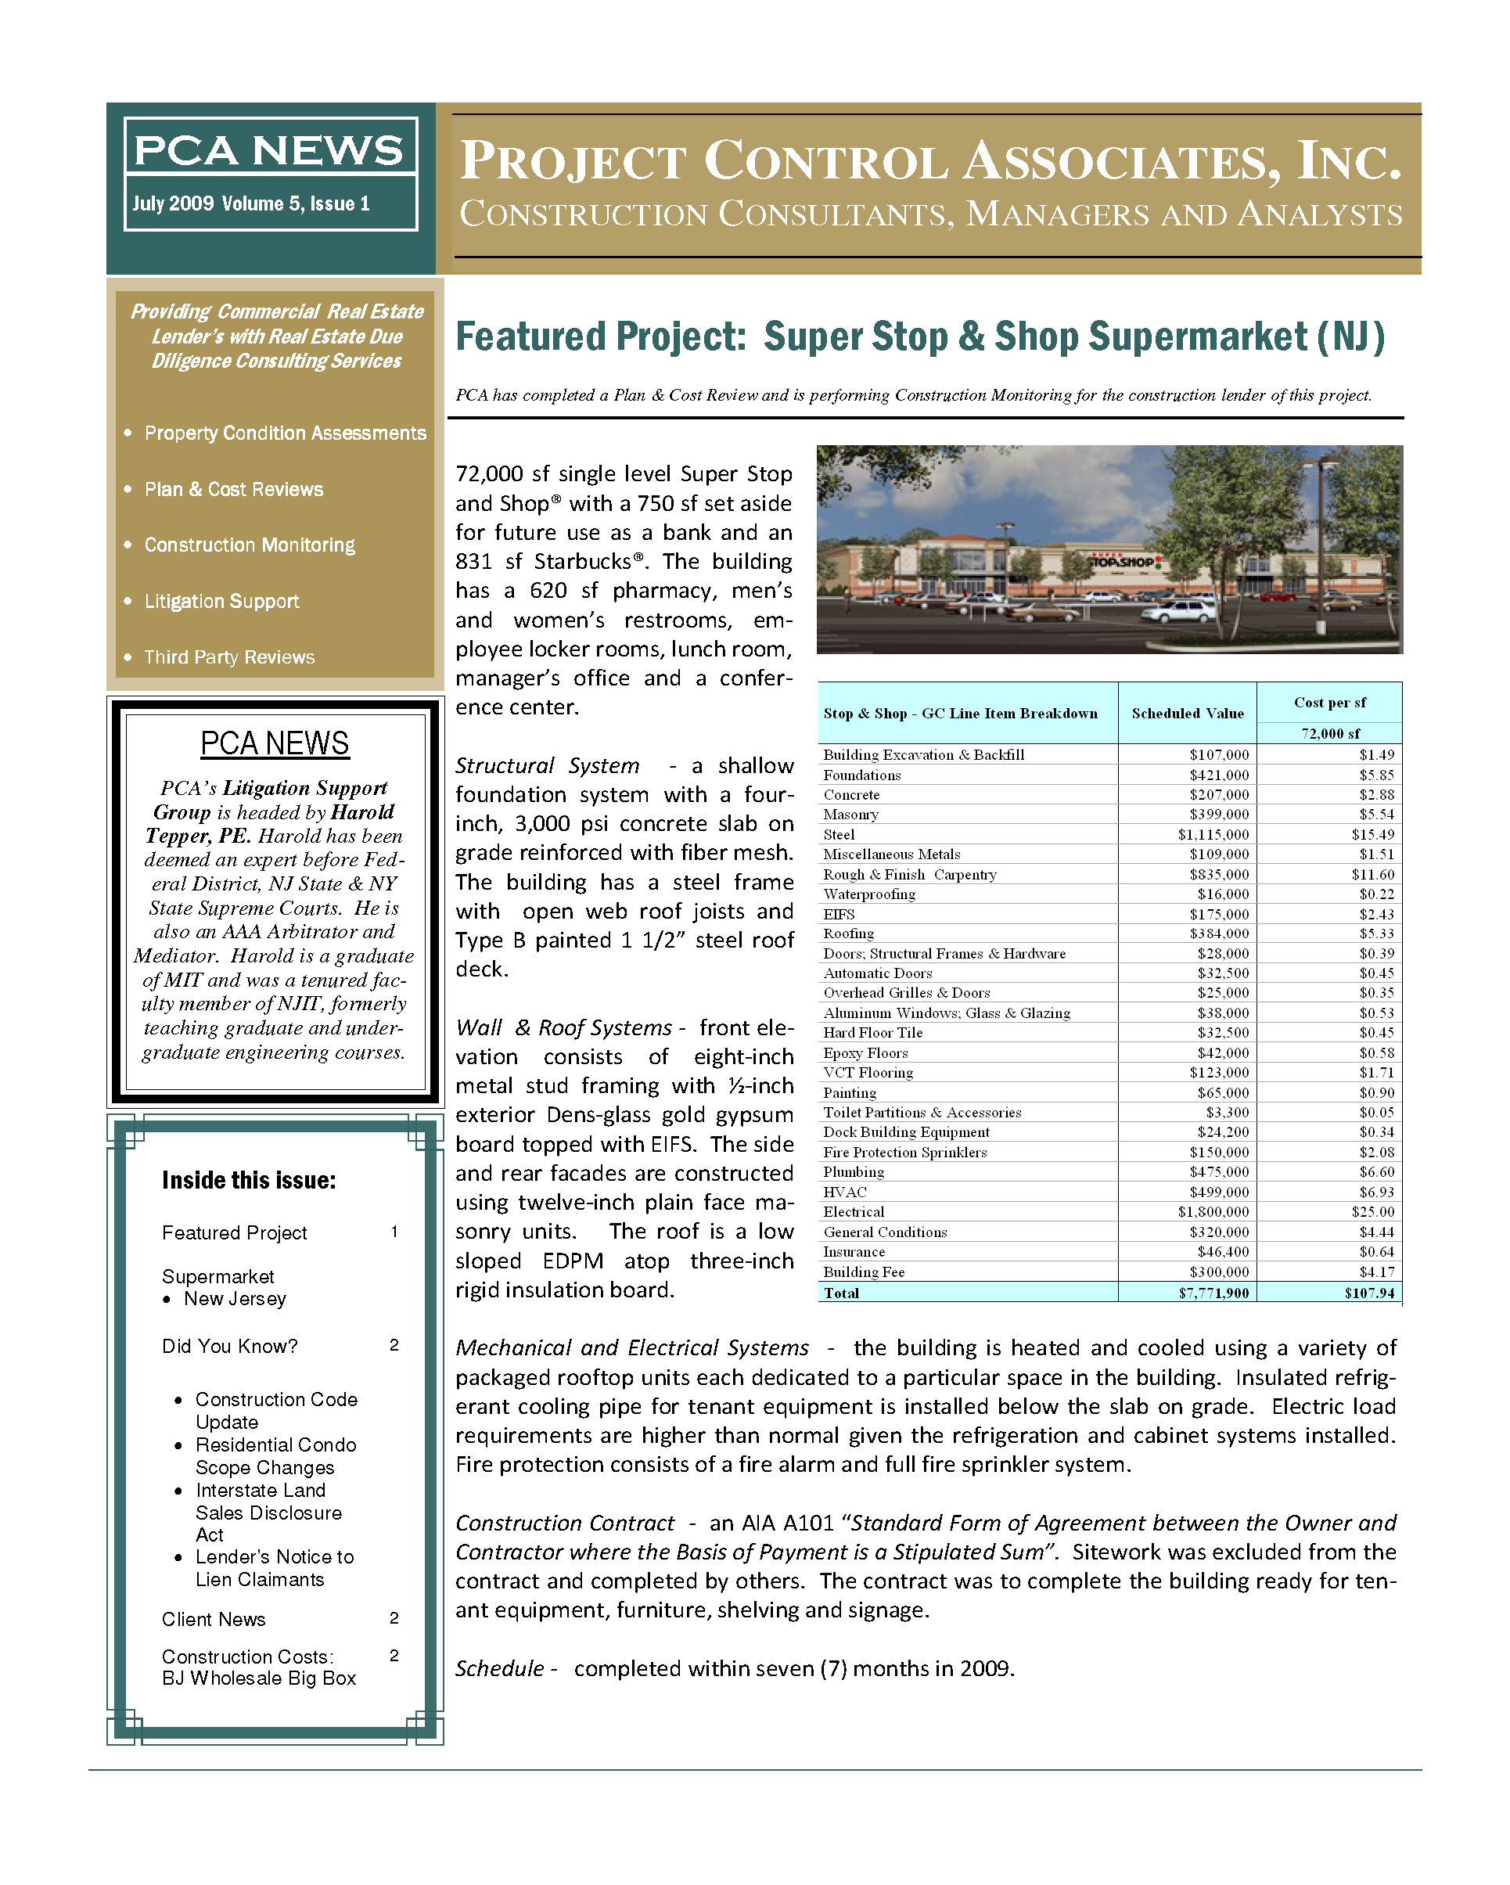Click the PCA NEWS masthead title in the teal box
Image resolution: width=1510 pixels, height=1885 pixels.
[268, 150]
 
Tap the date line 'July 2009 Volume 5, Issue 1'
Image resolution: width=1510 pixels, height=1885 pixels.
[251, 203]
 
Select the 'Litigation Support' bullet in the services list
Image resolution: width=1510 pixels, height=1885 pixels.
[221, 602]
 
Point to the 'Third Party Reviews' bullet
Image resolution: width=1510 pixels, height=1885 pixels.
[229, 657]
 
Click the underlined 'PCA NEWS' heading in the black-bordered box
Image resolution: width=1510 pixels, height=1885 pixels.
[275, 744]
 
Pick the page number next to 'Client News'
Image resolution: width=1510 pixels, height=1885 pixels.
[394, 1618]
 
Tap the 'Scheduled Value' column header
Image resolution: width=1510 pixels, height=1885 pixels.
[1188, 714]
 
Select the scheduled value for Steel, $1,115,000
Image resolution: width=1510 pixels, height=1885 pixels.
[1213, 835]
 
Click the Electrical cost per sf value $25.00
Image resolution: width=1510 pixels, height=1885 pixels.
[1373, 1212]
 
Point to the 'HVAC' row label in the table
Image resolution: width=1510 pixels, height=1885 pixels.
[845, 1192]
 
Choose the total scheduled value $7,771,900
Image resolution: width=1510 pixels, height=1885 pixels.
[1213, 1293]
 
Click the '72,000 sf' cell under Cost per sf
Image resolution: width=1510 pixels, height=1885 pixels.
[1330, 733]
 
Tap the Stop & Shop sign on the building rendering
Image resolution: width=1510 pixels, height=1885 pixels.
[1124, 562]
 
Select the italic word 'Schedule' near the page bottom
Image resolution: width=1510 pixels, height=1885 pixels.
[500, 1669]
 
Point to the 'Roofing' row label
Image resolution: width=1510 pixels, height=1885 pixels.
[848, 934]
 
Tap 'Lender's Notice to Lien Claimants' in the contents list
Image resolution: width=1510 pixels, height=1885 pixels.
[275, 1569]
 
